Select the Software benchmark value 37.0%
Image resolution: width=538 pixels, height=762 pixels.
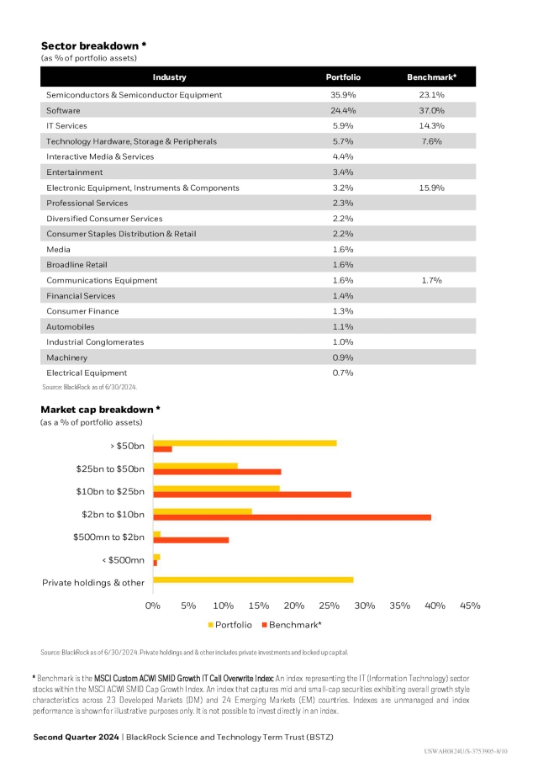tap(431, 110)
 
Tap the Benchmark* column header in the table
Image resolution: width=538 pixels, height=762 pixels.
tap(431, 77)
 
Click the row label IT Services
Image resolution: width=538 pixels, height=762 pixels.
tap(66, 125)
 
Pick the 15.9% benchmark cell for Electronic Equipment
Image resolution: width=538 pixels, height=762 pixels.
tap(431, 188)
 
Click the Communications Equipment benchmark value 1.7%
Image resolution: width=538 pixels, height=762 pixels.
tap(431, 280)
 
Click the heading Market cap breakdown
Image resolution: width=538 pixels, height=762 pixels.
tap(100, 410)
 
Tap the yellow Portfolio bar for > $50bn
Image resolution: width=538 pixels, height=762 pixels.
tap(245, 443)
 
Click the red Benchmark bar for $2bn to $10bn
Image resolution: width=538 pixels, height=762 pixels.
tap(292, 517)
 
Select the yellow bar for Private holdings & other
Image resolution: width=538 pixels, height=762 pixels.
tap(253, 579)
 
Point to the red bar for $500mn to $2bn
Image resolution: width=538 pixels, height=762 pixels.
tap(191, 540)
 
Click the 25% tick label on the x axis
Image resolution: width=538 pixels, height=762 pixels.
tap(330, 606)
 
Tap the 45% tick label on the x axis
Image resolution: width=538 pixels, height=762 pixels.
tap(471, 606)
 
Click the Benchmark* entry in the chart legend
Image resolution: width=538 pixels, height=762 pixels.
tap(295, 625)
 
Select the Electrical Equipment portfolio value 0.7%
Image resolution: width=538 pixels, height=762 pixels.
tap(342, 373)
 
